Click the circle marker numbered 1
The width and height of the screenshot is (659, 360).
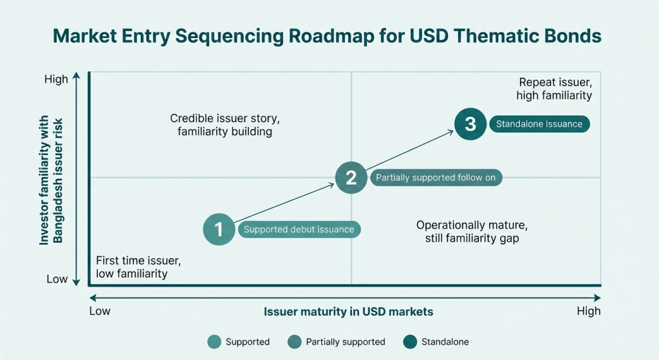(219, 229)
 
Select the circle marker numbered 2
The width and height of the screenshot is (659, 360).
(351, 177)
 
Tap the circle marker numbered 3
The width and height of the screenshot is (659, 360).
(470, 124)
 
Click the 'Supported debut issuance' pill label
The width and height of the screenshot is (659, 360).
(299, 229)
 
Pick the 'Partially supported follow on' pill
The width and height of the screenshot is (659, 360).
(436, 178)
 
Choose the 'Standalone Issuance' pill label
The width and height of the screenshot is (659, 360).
(539, 124)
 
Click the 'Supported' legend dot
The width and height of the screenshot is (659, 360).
(214, 341)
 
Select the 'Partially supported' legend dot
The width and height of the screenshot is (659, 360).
(295, 341)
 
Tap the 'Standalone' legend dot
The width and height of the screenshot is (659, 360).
(410, 341)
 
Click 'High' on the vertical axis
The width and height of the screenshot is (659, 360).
(56, 79)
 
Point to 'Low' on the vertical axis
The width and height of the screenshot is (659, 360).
(57, 279)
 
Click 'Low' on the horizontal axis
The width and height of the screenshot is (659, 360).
(100, 311)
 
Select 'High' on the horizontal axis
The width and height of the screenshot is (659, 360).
(588, 311)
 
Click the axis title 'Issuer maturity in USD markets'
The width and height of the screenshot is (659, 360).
(348, 312)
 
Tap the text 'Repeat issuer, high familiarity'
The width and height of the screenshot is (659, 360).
(554, 89)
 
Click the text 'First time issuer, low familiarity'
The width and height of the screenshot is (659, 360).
(138, 267)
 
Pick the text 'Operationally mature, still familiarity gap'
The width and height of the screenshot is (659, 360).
(472, 232)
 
